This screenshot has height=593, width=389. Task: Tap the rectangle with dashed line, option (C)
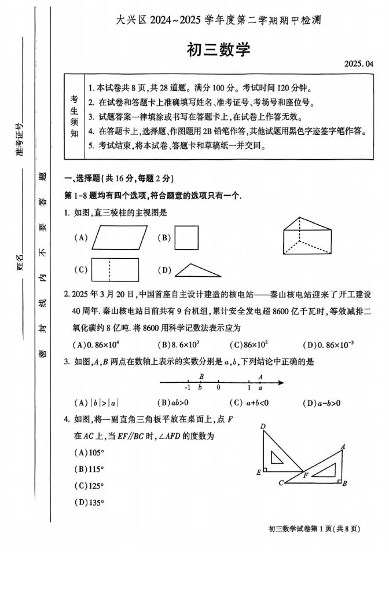click(x=115, y=269)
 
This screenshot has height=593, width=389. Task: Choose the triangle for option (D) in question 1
click(x=197, y=270)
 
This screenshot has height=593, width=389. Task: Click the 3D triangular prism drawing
click(x=307, y=236)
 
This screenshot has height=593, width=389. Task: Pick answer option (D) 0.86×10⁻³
click(x=328, y=345)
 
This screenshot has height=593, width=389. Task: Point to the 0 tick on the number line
click(x=218, y=387)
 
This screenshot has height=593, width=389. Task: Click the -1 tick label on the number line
click(x=187, y=388)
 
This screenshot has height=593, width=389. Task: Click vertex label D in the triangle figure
click(x=263, y=427)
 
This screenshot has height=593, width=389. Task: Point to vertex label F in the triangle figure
click(x=306, y=475)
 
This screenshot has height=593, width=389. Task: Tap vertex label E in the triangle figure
click(x=258, y=473)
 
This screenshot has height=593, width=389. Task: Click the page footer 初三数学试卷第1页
click(x=315, y=528)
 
